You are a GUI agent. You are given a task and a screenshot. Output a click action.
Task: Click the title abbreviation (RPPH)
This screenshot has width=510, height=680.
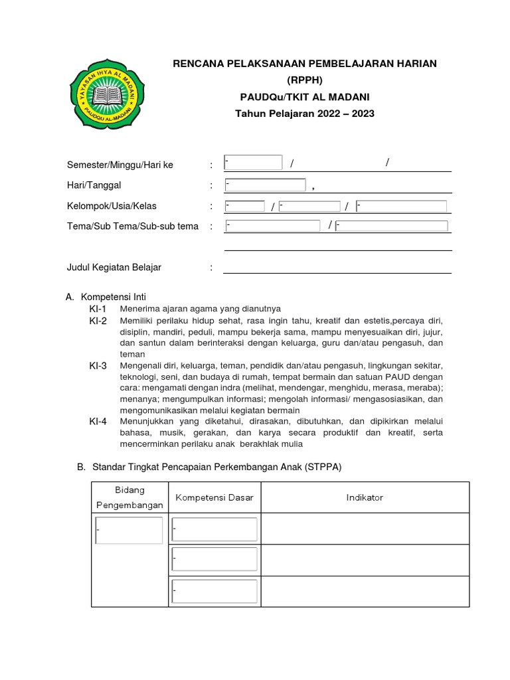(x=305, y=80)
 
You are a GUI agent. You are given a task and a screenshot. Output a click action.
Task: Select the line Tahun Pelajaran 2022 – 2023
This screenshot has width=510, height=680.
(x=305, y=114)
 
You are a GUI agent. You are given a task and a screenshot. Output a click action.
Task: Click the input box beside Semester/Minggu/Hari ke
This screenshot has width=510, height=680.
(x=253, y=163)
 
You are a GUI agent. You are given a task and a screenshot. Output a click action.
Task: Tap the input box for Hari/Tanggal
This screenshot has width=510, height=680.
(x=265, y=185)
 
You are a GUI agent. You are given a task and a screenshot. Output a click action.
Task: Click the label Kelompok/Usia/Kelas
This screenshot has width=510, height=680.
(x=112, y=206)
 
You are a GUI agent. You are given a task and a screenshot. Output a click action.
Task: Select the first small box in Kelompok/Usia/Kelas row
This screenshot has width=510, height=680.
(x=244, y=207)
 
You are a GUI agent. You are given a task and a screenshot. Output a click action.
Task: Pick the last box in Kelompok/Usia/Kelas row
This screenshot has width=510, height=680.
(x=401, y=207)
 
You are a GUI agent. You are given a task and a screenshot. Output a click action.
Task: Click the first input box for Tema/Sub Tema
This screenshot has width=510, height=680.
(x=272, y=226)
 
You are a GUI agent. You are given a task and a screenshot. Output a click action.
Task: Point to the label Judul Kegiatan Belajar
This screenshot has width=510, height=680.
(x=114, y=268)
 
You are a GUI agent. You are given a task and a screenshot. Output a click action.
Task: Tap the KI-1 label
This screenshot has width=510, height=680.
(x=98, y=309)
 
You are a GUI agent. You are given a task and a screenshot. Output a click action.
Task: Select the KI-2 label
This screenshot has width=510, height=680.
(x=98, y=321)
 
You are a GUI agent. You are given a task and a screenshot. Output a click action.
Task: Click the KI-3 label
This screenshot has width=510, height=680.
(x=98, y=366)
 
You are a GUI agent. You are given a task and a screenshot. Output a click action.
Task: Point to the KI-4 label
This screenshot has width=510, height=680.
(x=98, y=422)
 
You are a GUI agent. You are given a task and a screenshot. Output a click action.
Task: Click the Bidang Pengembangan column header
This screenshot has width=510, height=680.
(x=129, y=497)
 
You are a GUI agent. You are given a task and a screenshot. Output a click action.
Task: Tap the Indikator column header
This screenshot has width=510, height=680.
(x=365, y=497)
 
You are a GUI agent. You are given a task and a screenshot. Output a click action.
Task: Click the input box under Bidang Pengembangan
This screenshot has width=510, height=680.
(x=129, y=531)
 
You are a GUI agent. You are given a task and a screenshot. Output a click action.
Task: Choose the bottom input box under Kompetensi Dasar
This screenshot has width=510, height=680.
(x=214, y=590)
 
